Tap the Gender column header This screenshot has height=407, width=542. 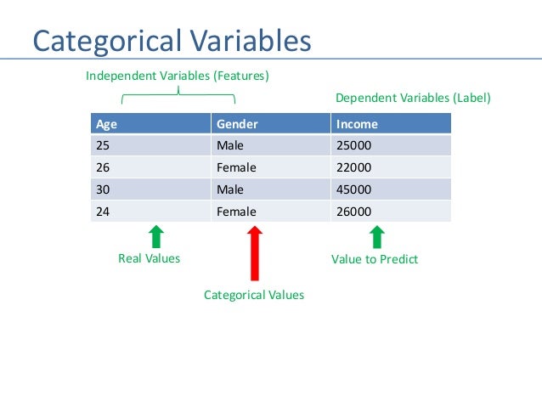pos(237,123)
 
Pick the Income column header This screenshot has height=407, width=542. pos(357,123)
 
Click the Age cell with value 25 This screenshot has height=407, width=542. pos(103,145)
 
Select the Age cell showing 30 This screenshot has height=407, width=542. pos(103,189)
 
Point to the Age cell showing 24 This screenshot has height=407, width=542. pos(103,212)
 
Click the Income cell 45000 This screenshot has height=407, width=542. pos(354,189)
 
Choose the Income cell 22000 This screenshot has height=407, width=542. pos(354,167)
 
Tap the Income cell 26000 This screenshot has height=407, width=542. pos(354,212)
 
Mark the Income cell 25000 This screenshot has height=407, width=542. pos(354,145)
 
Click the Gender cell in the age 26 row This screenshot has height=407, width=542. pos(236,167)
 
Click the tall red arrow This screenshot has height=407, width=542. pos(254,252)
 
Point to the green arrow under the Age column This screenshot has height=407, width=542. pos(156,236)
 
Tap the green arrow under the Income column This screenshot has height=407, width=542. pos(376,236)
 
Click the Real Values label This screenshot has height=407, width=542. pos(149,258)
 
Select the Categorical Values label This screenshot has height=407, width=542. pos(254,295)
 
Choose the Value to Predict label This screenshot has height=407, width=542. pos(375,259)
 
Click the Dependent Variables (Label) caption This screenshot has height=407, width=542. pos(413,99)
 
